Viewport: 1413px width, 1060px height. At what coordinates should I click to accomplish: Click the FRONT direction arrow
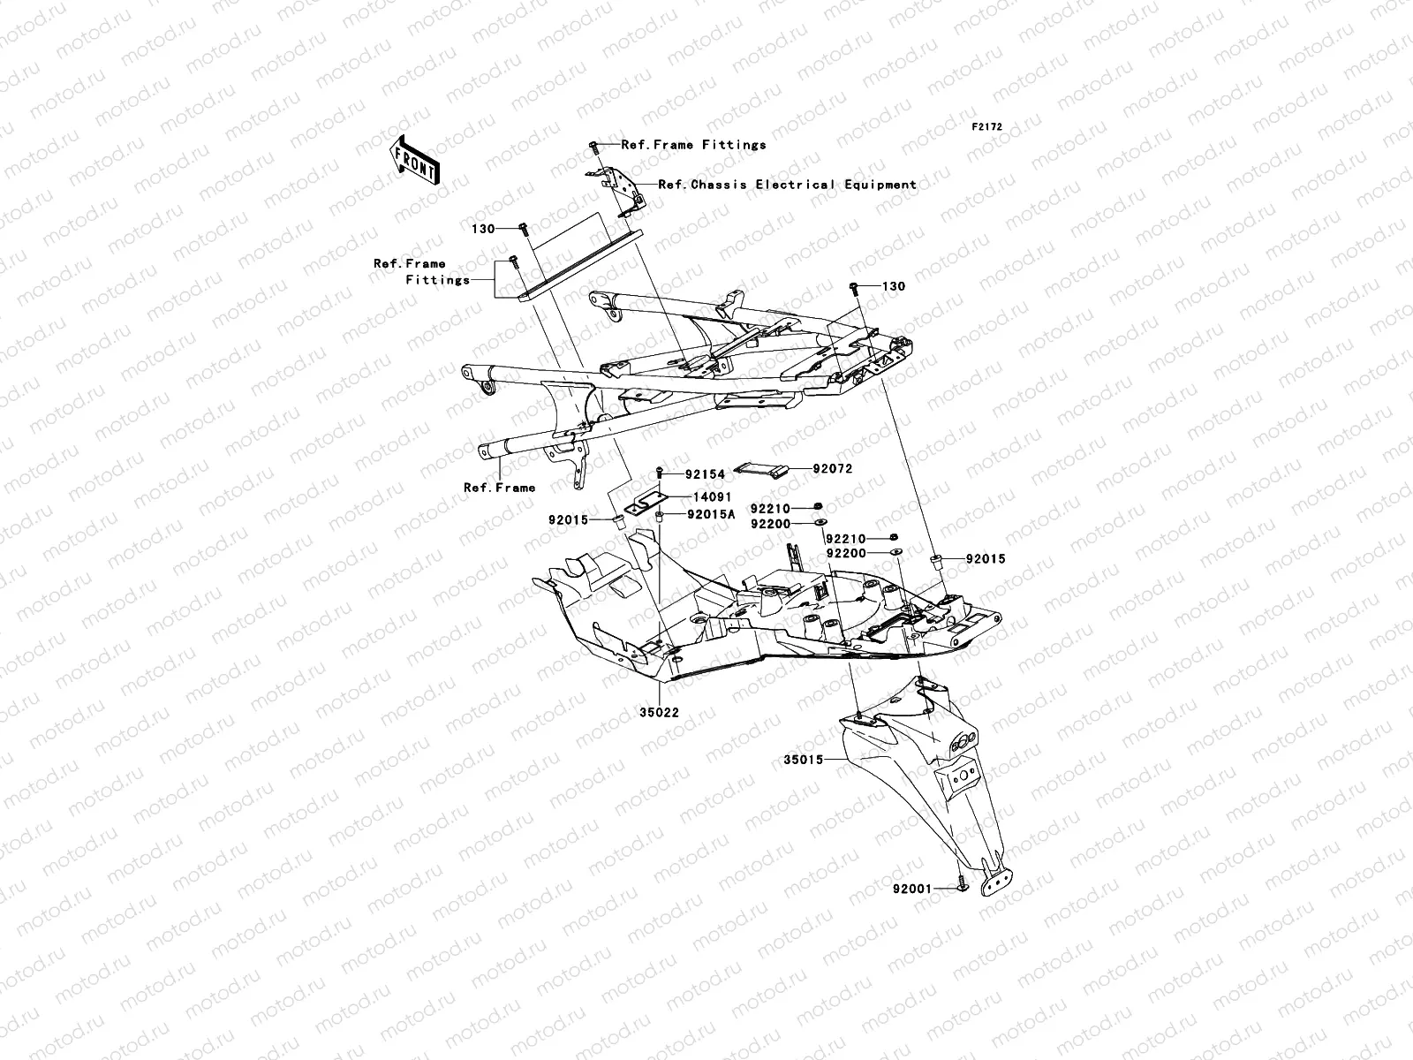point(414,160)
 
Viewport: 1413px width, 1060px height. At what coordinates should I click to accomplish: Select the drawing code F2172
point(986,127)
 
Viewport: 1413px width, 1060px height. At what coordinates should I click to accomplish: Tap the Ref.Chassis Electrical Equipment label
point(787,185)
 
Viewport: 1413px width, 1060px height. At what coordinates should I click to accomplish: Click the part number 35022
point(659,713)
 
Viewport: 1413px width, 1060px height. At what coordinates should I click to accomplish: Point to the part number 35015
point(804,760)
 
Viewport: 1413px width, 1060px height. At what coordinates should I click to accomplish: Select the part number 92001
point(912,889)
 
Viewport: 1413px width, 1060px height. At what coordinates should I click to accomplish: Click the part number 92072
point(833,469)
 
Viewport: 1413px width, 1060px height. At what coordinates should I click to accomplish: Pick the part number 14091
point(713,496)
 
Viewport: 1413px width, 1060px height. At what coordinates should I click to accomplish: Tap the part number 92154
point(705,474)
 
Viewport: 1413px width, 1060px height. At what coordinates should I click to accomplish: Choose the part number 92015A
point(711,514)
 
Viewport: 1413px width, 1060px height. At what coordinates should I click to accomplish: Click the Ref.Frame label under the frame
point(500,488)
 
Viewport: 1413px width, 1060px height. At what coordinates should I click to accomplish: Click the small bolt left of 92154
point(660,473)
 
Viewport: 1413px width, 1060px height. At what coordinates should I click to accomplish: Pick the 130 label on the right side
point(894,286)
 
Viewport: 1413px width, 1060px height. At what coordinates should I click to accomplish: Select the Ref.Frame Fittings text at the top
point(694,145)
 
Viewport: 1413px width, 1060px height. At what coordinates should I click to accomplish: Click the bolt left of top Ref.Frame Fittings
point(594,148)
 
